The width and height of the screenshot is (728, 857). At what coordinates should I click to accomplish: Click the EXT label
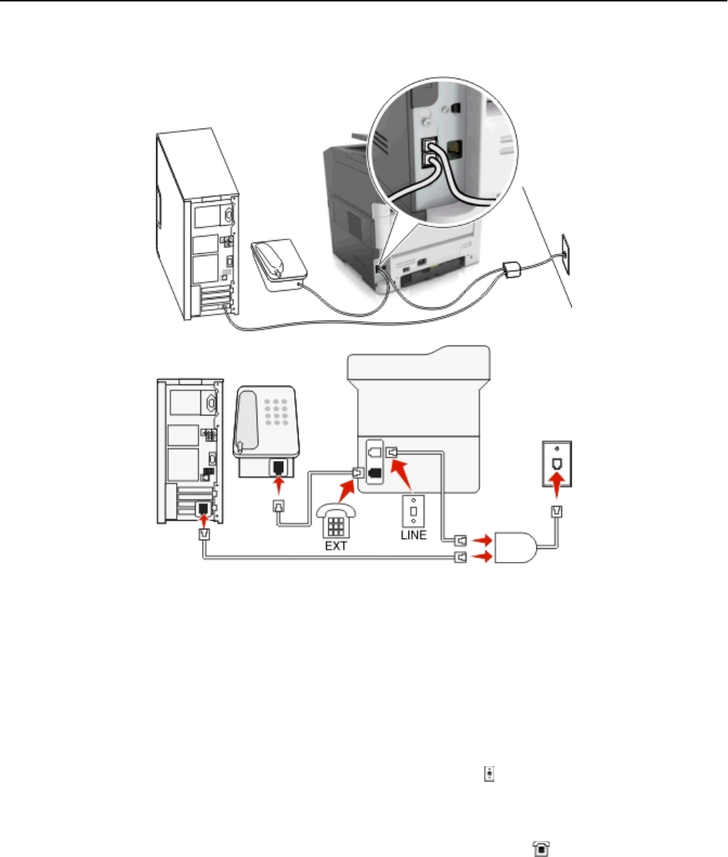[x=336, y=545]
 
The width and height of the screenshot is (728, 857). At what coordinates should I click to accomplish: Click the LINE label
[x=413, y=535]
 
